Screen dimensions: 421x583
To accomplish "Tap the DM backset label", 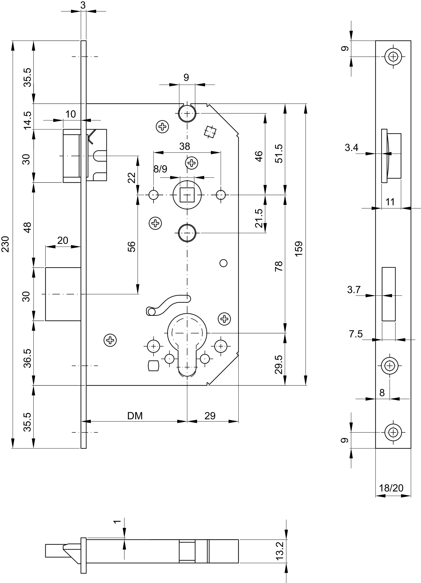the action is point(135,416).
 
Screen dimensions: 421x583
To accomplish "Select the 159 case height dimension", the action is point(299,248).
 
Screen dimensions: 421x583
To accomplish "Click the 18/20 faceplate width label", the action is point(391,488).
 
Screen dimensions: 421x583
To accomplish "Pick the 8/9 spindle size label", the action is point(160,169).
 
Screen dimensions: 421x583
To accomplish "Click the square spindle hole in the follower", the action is point(187,195).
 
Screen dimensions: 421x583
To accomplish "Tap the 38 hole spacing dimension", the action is point(184,146).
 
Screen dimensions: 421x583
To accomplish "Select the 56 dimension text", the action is point(131,247).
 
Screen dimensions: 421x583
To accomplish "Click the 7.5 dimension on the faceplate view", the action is point(356,334).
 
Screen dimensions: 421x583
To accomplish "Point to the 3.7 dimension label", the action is point(354,290).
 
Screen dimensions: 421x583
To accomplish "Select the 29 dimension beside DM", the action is point(210,416).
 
